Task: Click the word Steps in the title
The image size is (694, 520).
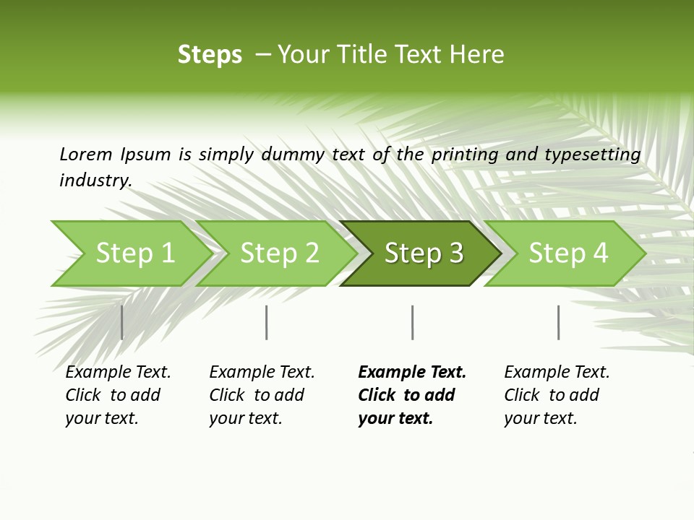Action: pos(210,54)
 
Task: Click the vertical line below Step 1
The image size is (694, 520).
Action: pos(121,322)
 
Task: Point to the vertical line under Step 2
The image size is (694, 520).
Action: pos(267,322)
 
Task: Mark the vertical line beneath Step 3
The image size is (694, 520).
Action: pos(412,322)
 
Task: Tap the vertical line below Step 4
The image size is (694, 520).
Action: pos(558,322)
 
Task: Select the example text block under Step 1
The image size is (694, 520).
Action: pos(118,394)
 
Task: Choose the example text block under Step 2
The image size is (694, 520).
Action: pos(262,394)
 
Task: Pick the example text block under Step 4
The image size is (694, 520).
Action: pos(557,394)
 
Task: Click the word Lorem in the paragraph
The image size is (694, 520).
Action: pos(86,154)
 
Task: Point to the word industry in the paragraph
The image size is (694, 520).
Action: pos(95,180)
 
